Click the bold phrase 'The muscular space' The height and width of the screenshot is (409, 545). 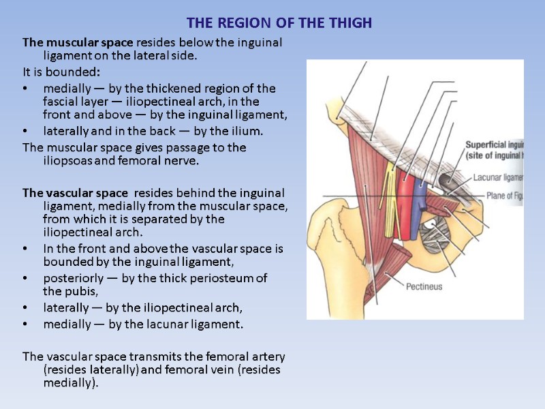coord(77,43)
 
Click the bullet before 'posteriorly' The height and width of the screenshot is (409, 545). coord(26,279)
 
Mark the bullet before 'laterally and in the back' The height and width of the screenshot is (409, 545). coord(26,131)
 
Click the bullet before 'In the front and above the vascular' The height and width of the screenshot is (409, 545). coord(26,249)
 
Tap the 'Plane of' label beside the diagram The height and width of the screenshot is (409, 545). coord(503,196)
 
